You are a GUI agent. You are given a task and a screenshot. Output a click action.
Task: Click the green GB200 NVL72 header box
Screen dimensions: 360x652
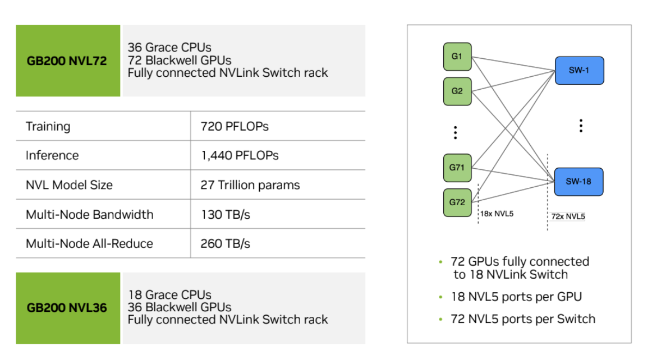[67, 61]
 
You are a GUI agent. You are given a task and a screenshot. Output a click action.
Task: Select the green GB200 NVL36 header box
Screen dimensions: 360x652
[67, 308]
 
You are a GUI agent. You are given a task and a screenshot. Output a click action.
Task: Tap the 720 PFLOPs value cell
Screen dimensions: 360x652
[235, 126]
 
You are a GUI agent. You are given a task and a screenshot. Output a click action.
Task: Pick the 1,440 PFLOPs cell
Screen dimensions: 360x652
[240, 155]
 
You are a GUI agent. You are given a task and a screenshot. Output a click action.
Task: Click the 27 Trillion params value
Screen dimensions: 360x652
[250, 184]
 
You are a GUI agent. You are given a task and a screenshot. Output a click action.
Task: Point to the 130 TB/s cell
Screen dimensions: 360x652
[225, 214]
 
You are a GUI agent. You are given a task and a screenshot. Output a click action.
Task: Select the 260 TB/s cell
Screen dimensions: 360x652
[225, 243]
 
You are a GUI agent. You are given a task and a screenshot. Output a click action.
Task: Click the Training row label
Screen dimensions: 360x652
[48, 126]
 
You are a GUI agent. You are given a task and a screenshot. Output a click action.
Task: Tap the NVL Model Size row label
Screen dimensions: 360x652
[69, 184]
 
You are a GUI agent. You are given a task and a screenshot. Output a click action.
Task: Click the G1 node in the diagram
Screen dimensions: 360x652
[457, 57]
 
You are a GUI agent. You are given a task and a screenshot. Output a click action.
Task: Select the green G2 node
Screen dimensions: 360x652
[457, 91]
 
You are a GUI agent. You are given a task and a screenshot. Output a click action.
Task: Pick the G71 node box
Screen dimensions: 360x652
[457, 168]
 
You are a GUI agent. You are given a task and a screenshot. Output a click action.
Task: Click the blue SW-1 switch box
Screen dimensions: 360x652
[579, 71]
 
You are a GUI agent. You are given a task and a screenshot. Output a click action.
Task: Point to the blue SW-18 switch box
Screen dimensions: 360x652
[579, 182]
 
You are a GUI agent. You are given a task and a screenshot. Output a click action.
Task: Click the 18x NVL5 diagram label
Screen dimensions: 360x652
[497, 214]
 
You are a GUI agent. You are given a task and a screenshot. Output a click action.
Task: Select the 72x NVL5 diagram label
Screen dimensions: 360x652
[567, 216]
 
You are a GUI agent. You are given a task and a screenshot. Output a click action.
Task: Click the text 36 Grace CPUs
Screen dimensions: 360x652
[169, 48]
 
